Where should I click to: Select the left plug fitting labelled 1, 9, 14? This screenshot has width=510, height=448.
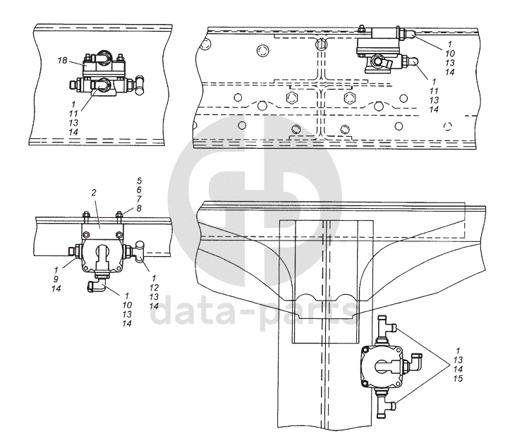point(74,250)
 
